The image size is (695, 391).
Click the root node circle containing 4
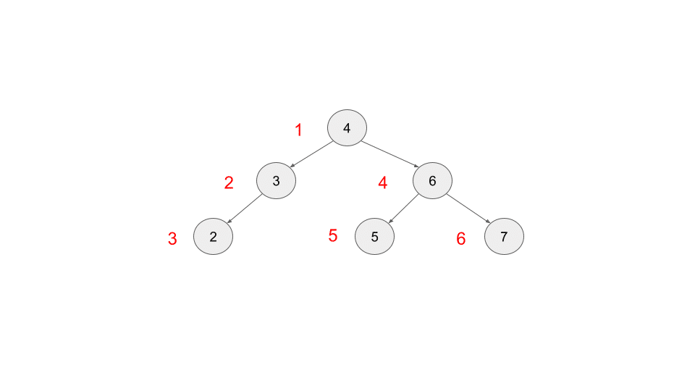pyautogui.click(x=347, y=128)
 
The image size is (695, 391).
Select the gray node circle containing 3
pyautogui.click(x=276, y=180)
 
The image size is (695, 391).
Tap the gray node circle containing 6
pyautogui.click(x=432, y=180)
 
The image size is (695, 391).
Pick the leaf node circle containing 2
pyautogui.click(x=213, y=236)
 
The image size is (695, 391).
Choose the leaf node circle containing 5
pyautogui.click(x=374, y=236)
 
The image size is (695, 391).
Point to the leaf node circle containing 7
pyautogui.click(x=504, y=236)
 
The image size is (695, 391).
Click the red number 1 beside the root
pyautogui.click(x=298, y=130)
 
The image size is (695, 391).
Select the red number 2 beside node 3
pyautogui.click(x=229, y=182)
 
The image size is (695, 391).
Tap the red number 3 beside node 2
pyautogui.click(x=172, y=239)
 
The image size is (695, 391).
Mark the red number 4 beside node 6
pyautogui.click(x=383, y=183)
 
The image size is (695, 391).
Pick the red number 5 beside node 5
pyautogui.click(x=333, y=235)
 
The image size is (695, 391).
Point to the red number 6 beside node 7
pyautogui.click(x=461, y=239)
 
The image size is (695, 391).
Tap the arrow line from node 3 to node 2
pyautogui.click(x=245, y=209)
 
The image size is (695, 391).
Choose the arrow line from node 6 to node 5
pyautogui.click(x=404, y=208)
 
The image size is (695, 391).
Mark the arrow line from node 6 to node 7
pyautogui.click(x=468, y=208)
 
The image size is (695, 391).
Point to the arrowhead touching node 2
pyautogui.click(x=229, y=222)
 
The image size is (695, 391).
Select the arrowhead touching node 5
pyautogui.click(x=389, y=221)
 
